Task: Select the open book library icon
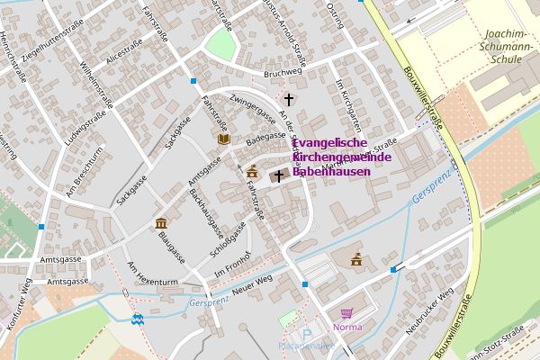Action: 223,139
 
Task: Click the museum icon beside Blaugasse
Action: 161,222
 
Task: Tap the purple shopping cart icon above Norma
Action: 346,313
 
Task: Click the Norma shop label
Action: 346,327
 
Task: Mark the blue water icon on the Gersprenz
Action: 137,319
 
